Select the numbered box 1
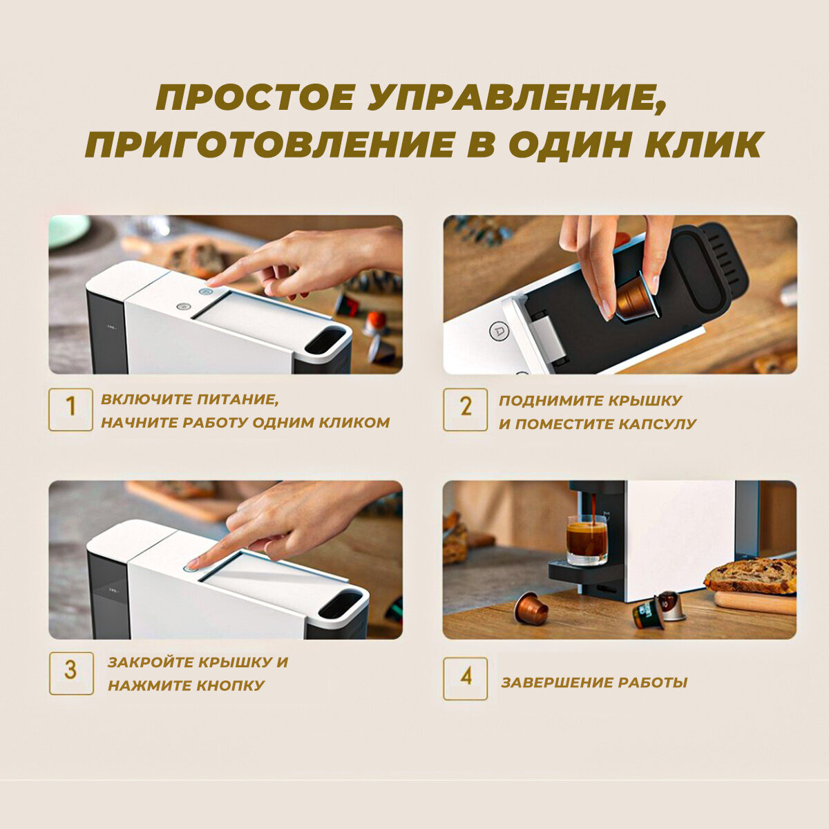click(70, 409)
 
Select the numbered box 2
click(465, 409)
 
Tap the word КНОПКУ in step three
click(230, 685)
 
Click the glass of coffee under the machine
click(587, 540)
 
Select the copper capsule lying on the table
click(531, 609)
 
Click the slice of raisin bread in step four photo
click(750, 576)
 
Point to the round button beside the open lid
click(497, 332)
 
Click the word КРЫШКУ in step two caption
click(646, 401)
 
